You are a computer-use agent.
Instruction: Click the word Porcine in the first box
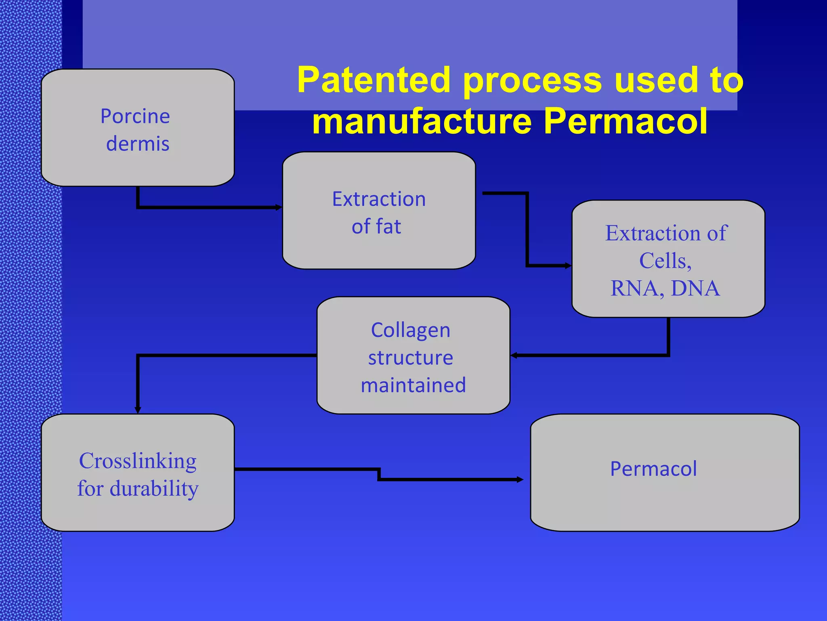coord(135,117)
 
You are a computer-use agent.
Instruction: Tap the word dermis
coord(138,144)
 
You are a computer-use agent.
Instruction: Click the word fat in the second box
coord(388,226)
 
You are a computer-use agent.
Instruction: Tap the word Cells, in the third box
coord(665,261)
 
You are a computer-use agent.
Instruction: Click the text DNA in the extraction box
coord(695,288)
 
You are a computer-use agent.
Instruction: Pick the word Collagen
coord(411,330)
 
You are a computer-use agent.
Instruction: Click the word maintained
coord(413,385)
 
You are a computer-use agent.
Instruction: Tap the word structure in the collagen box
coord(411,358)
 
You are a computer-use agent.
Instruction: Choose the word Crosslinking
coord(138,461)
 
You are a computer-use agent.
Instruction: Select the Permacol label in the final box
coord(653,469)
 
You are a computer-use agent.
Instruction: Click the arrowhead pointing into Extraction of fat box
coord(279,207)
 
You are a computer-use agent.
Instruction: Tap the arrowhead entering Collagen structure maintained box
coord(514,355)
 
